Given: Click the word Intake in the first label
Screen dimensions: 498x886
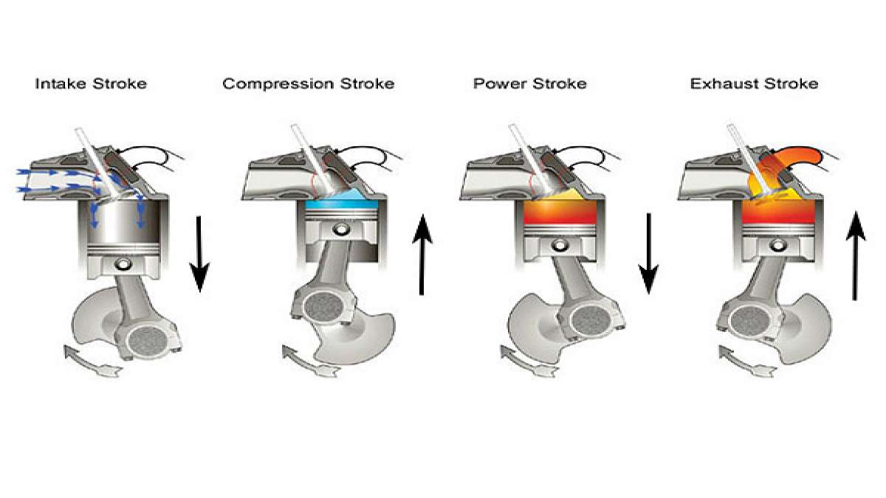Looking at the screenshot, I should click(59, 83).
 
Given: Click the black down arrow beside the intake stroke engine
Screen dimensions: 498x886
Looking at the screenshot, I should click(199, 254).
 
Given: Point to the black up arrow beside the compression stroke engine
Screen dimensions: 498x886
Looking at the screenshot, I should click(422, 255).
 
